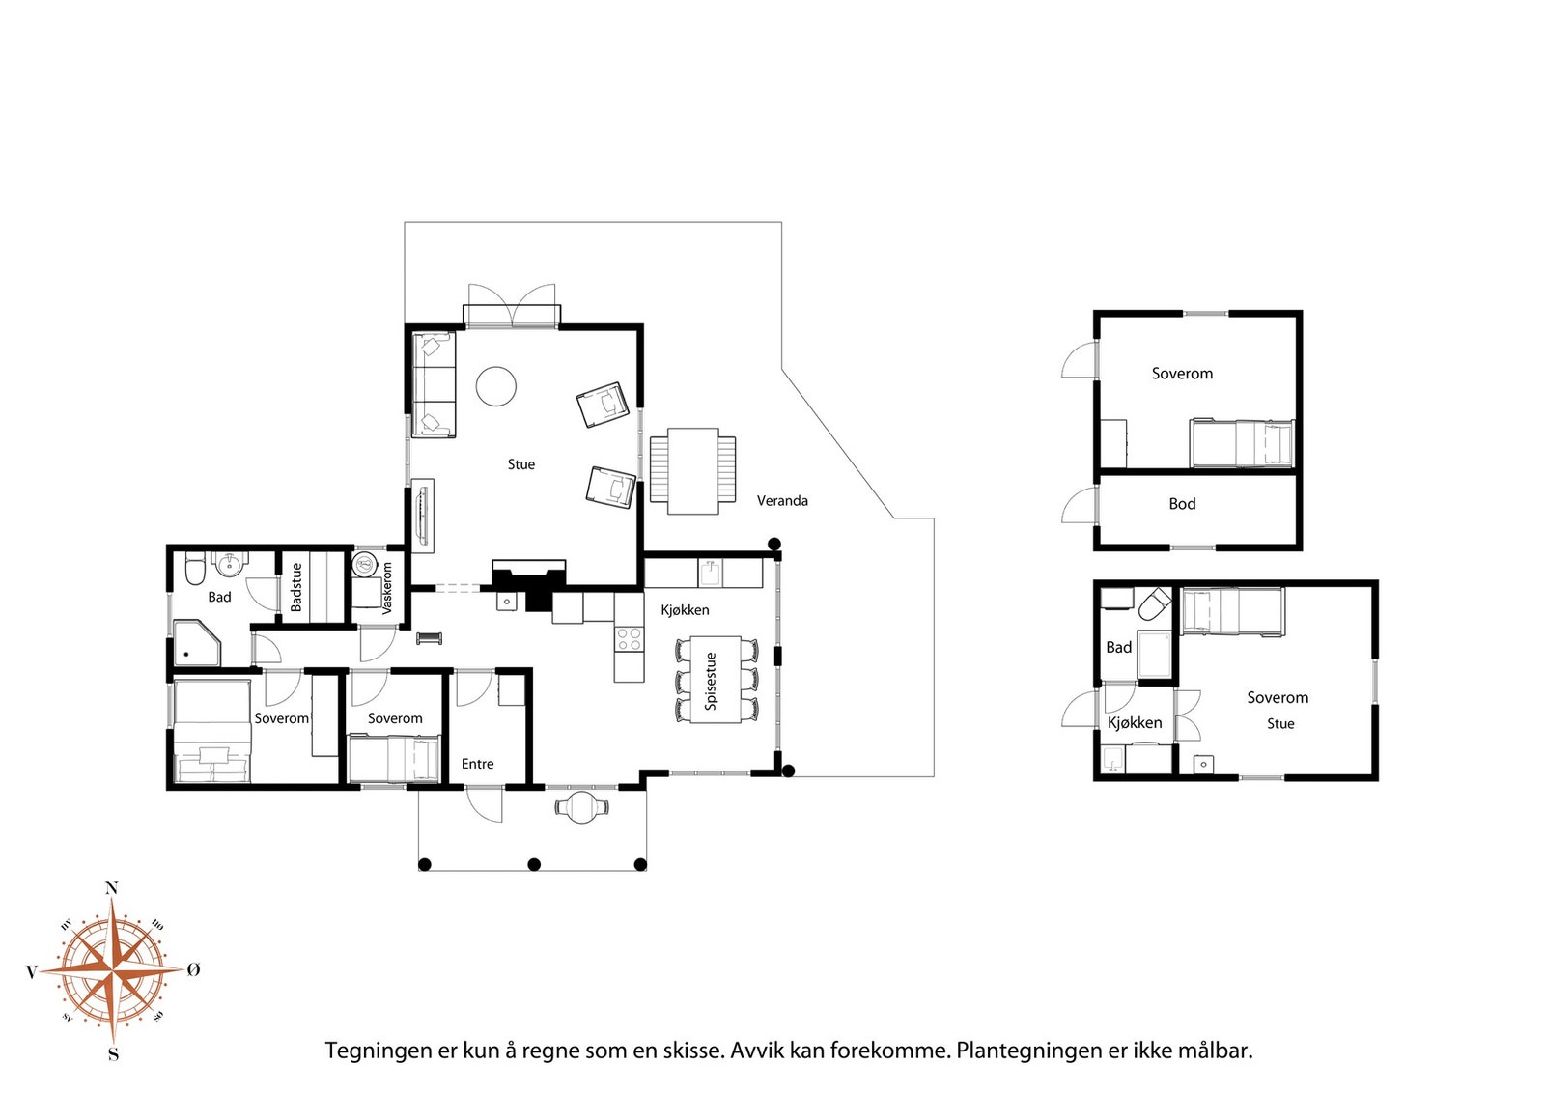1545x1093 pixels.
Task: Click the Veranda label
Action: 782,501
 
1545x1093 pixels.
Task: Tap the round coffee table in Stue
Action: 496,386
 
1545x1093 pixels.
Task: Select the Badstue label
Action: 296,587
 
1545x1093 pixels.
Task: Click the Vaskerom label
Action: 386,588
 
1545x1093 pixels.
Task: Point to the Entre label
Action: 477,764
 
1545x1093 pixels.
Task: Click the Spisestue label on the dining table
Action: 711,682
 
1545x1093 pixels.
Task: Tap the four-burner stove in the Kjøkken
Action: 629,638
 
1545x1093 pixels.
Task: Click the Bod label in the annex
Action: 1182,504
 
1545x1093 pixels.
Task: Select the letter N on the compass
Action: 111,888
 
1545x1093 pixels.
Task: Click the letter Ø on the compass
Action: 194,969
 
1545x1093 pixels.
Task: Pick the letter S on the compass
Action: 114,1054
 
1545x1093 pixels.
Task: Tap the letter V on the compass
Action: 31,972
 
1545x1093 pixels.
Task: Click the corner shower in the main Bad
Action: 197,643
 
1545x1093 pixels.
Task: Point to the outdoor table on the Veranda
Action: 692,472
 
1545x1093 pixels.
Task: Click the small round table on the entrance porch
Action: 582,806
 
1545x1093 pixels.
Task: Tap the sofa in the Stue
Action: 434,385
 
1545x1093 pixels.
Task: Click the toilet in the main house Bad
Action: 196,568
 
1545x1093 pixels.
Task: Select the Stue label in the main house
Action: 520,464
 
